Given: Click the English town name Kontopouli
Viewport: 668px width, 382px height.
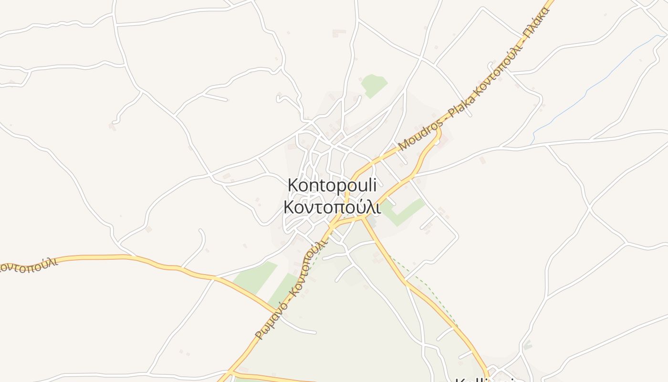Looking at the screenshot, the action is pyautogui.click(x=332, y=185).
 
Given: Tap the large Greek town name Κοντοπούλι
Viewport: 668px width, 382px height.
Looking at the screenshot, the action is pyautogui.click(x=332, y=207).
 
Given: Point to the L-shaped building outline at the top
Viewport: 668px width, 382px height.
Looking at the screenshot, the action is pyautogui.click(x=339, y=33).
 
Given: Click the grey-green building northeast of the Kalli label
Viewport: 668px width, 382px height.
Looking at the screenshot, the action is pyautogui.click(x=527, y=344).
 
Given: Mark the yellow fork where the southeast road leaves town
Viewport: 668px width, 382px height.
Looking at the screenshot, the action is pyautogui.click(x=365, y=217).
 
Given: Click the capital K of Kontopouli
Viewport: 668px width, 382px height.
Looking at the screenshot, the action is pyautogui.click(x=292, y=185).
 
